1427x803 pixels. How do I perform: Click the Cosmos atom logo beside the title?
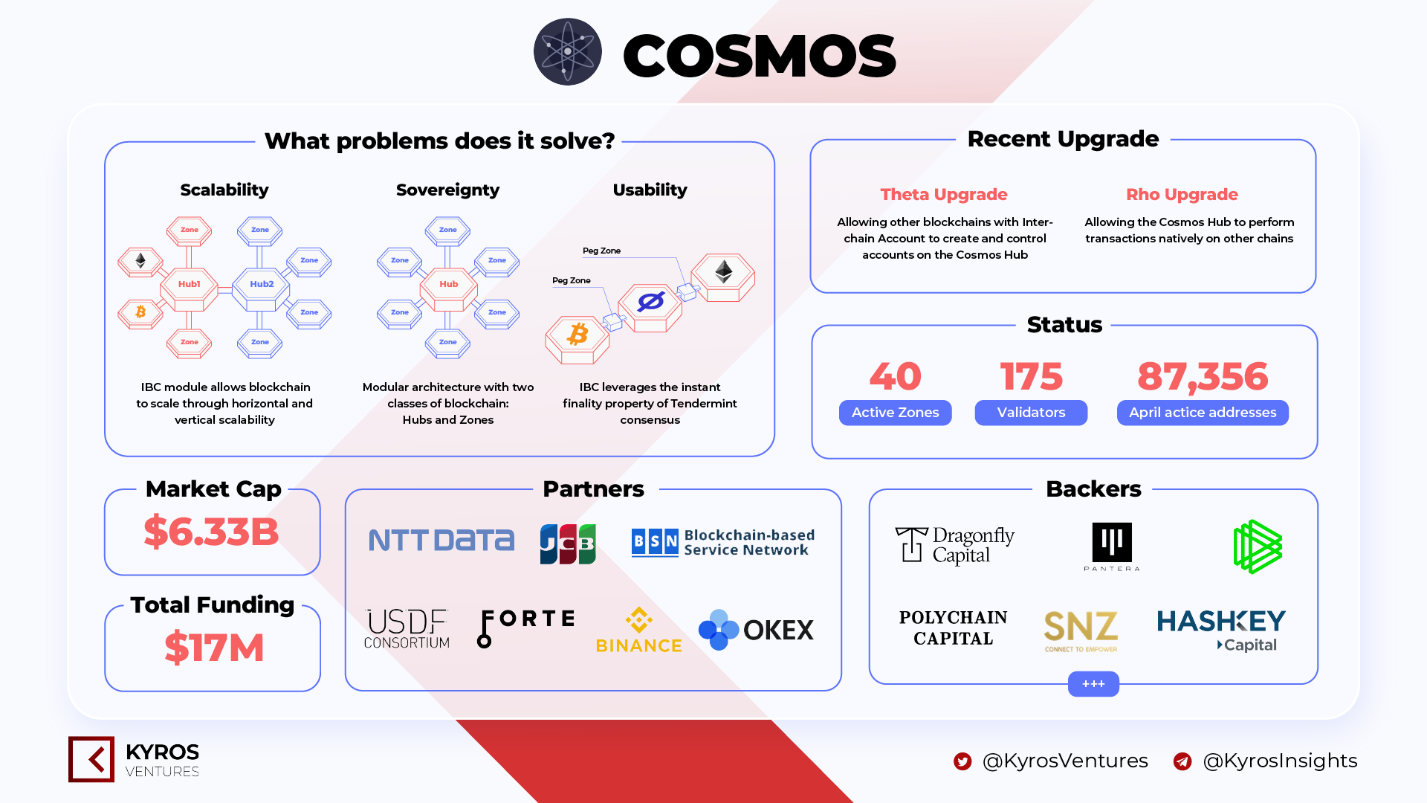[x=567, y=52]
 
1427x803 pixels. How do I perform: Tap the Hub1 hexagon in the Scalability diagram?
[x=190, y=285]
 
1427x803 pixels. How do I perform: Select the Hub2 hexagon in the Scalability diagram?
[x=262, y=285]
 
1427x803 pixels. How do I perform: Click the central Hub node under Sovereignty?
[x=448, y=285]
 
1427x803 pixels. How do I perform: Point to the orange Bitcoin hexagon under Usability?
[x=577, y=338]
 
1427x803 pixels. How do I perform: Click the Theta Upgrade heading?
[x=944, y=195]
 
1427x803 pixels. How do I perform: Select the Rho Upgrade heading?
[x=1182, y=195]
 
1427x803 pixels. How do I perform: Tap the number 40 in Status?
[x=896, y=376]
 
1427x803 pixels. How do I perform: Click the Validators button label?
[x=1031, y=413]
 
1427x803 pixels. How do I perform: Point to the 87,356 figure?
[x=1203, y=377]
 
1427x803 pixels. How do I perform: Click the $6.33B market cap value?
[x=212, y=532]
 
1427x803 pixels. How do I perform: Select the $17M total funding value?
[x=214, y=648]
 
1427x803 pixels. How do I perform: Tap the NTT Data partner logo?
[x=441, y=541]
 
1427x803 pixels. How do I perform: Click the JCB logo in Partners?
[x=568, y=544]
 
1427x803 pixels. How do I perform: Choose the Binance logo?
[x=639, y=631]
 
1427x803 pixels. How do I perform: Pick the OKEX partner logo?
[x=756, y=630]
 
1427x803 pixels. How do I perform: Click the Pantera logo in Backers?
[x=1112, y=546]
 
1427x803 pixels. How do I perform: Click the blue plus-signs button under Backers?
[x=1093, y=684]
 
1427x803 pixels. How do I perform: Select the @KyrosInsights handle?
[x=1280, y=761]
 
